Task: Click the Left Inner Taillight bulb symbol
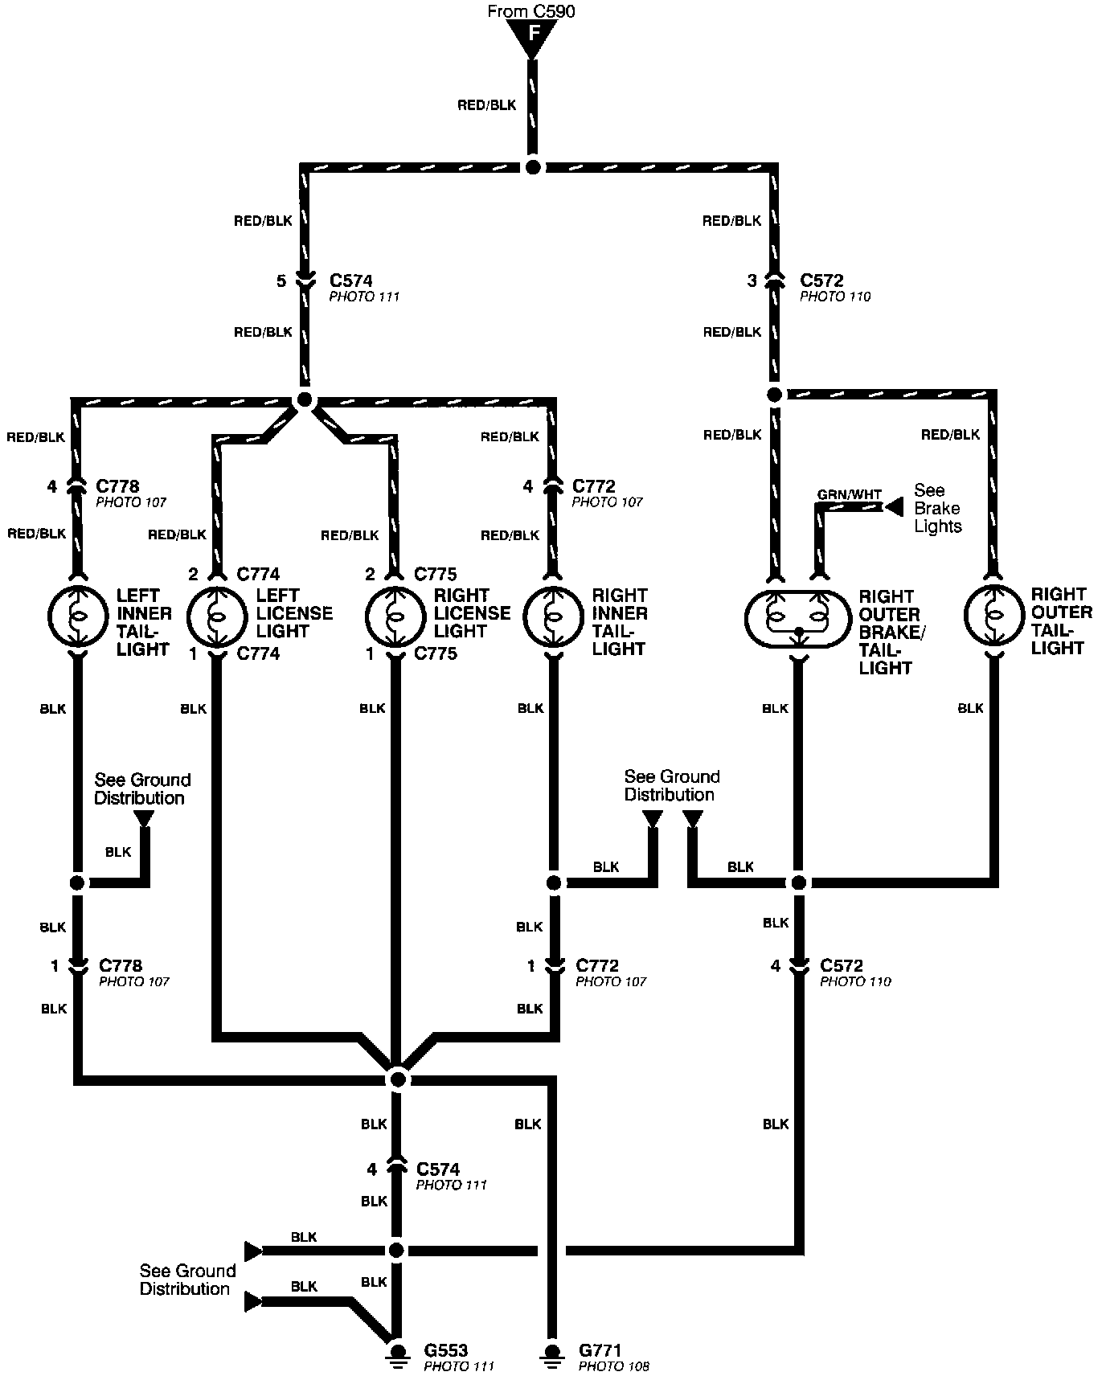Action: [x=78, y=616]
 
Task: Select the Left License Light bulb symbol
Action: [x=215, y=616]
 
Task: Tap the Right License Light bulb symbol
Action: [x=394, y=616]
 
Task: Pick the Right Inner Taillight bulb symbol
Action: [x=552, y=616]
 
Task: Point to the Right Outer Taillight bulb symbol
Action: [x=993, y=616]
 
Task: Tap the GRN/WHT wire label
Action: [x=850, y=494]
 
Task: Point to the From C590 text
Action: [x=531, y=11]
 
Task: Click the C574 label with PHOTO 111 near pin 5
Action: [x=351, y=281]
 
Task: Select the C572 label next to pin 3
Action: [x=821, y=281]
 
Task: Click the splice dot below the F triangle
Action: [x=532, y=167]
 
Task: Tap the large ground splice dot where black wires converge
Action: [x=397, y=1079]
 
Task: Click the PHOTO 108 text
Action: [x=613, y=1366]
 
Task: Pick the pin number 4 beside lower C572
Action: [x=776, y=966]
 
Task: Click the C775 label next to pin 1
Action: [x=436, y=654]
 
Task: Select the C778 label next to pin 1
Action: [x=121, y=965]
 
